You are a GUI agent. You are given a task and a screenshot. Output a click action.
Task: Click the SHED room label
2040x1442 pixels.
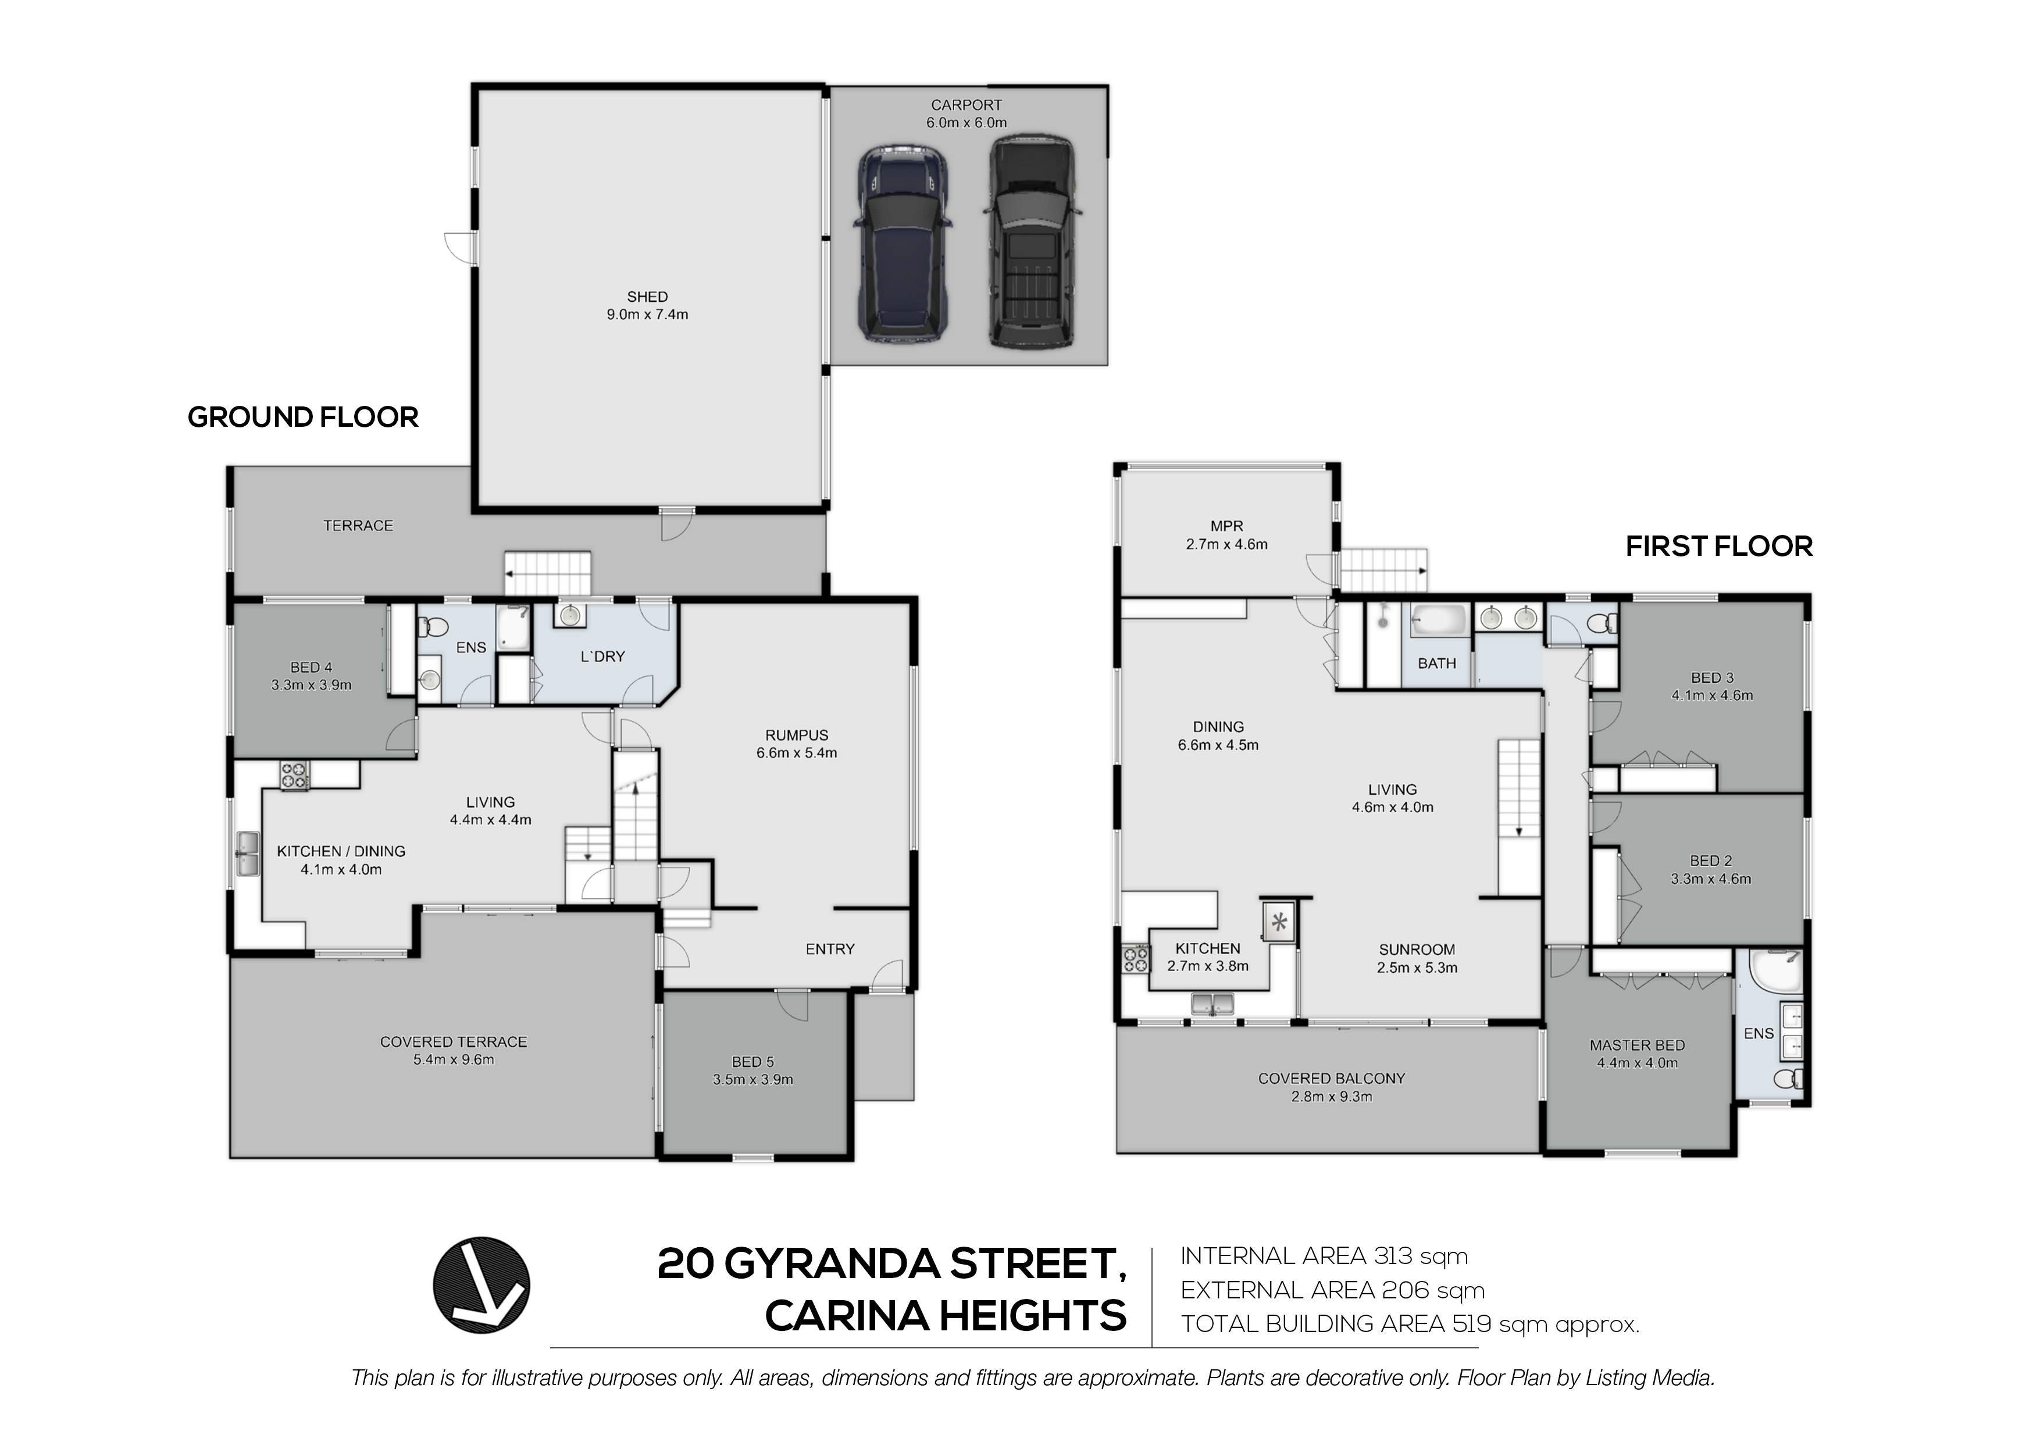pos(647,297)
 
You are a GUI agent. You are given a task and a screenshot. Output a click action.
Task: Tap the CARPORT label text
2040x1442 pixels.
pos(966,105)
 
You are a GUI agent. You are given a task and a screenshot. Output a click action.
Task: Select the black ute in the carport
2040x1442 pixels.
pos(1032,242)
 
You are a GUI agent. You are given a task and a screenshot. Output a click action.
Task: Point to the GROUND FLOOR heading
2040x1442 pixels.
pos(303,417)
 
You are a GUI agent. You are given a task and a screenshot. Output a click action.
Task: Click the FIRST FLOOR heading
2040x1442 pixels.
pos(1718,547)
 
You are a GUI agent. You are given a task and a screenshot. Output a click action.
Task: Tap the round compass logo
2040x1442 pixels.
pos(481,1285)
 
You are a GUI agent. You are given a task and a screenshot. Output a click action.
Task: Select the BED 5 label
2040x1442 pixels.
pos(752,1062)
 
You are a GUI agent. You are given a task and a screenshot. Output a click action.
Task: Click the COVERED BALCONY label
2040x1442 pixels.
pos(1331,1079)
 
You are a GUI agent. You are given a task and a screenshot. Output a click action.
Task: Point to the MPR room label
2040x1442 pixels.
pos(1226,526)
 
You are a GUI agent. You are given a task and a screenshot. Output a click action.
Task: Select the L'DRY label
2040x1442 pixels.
pos(602,656)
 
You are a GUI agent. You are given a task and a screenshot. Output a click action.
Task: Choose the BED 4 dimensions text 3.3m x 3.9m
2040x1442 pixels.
pos(311,685)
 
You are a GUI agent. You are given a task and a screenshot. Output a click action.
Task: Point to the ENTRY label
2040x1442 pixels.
pos(830,949)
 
